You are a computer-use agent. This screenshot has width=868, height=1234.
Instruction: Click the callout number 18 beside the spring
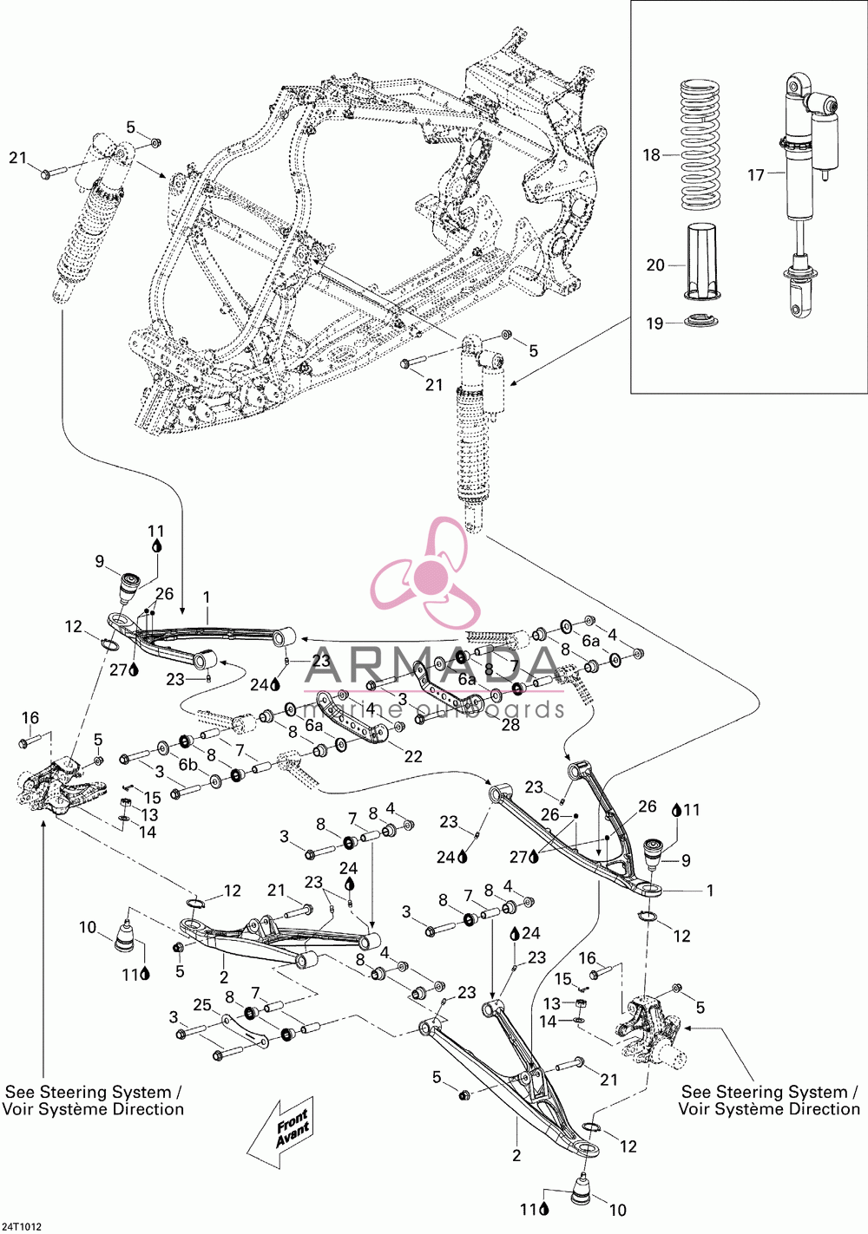[x=651, y=155]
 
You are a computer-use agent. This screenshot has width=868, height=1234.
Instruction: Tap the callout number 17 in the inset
[x=756, y=175]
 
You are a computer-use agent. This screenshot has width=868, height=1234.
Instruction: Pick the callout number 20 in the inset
[x=655, y=265]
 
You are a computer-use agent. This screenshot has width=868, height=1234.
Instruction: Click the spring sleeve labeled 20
[x=701, y=262]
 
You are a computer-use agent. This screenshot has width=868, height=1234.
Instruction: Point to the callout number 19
[x=654, y=323]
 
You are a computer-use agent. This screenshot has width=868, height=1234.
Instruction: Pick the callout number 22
[x=413, y=756]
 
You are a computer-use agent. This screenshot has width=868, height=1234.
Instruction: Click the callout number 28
[x=510, y=724]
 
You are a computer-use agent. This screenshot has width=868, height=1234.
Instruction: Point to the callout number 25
[x=202, y=1005]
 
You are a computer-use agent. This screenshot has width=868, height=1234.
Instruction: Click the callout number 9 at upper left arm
[x=99, y=561]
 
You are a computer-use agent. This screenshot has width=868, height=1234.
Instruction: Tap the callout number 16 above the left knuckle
[x=30, y=718]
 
